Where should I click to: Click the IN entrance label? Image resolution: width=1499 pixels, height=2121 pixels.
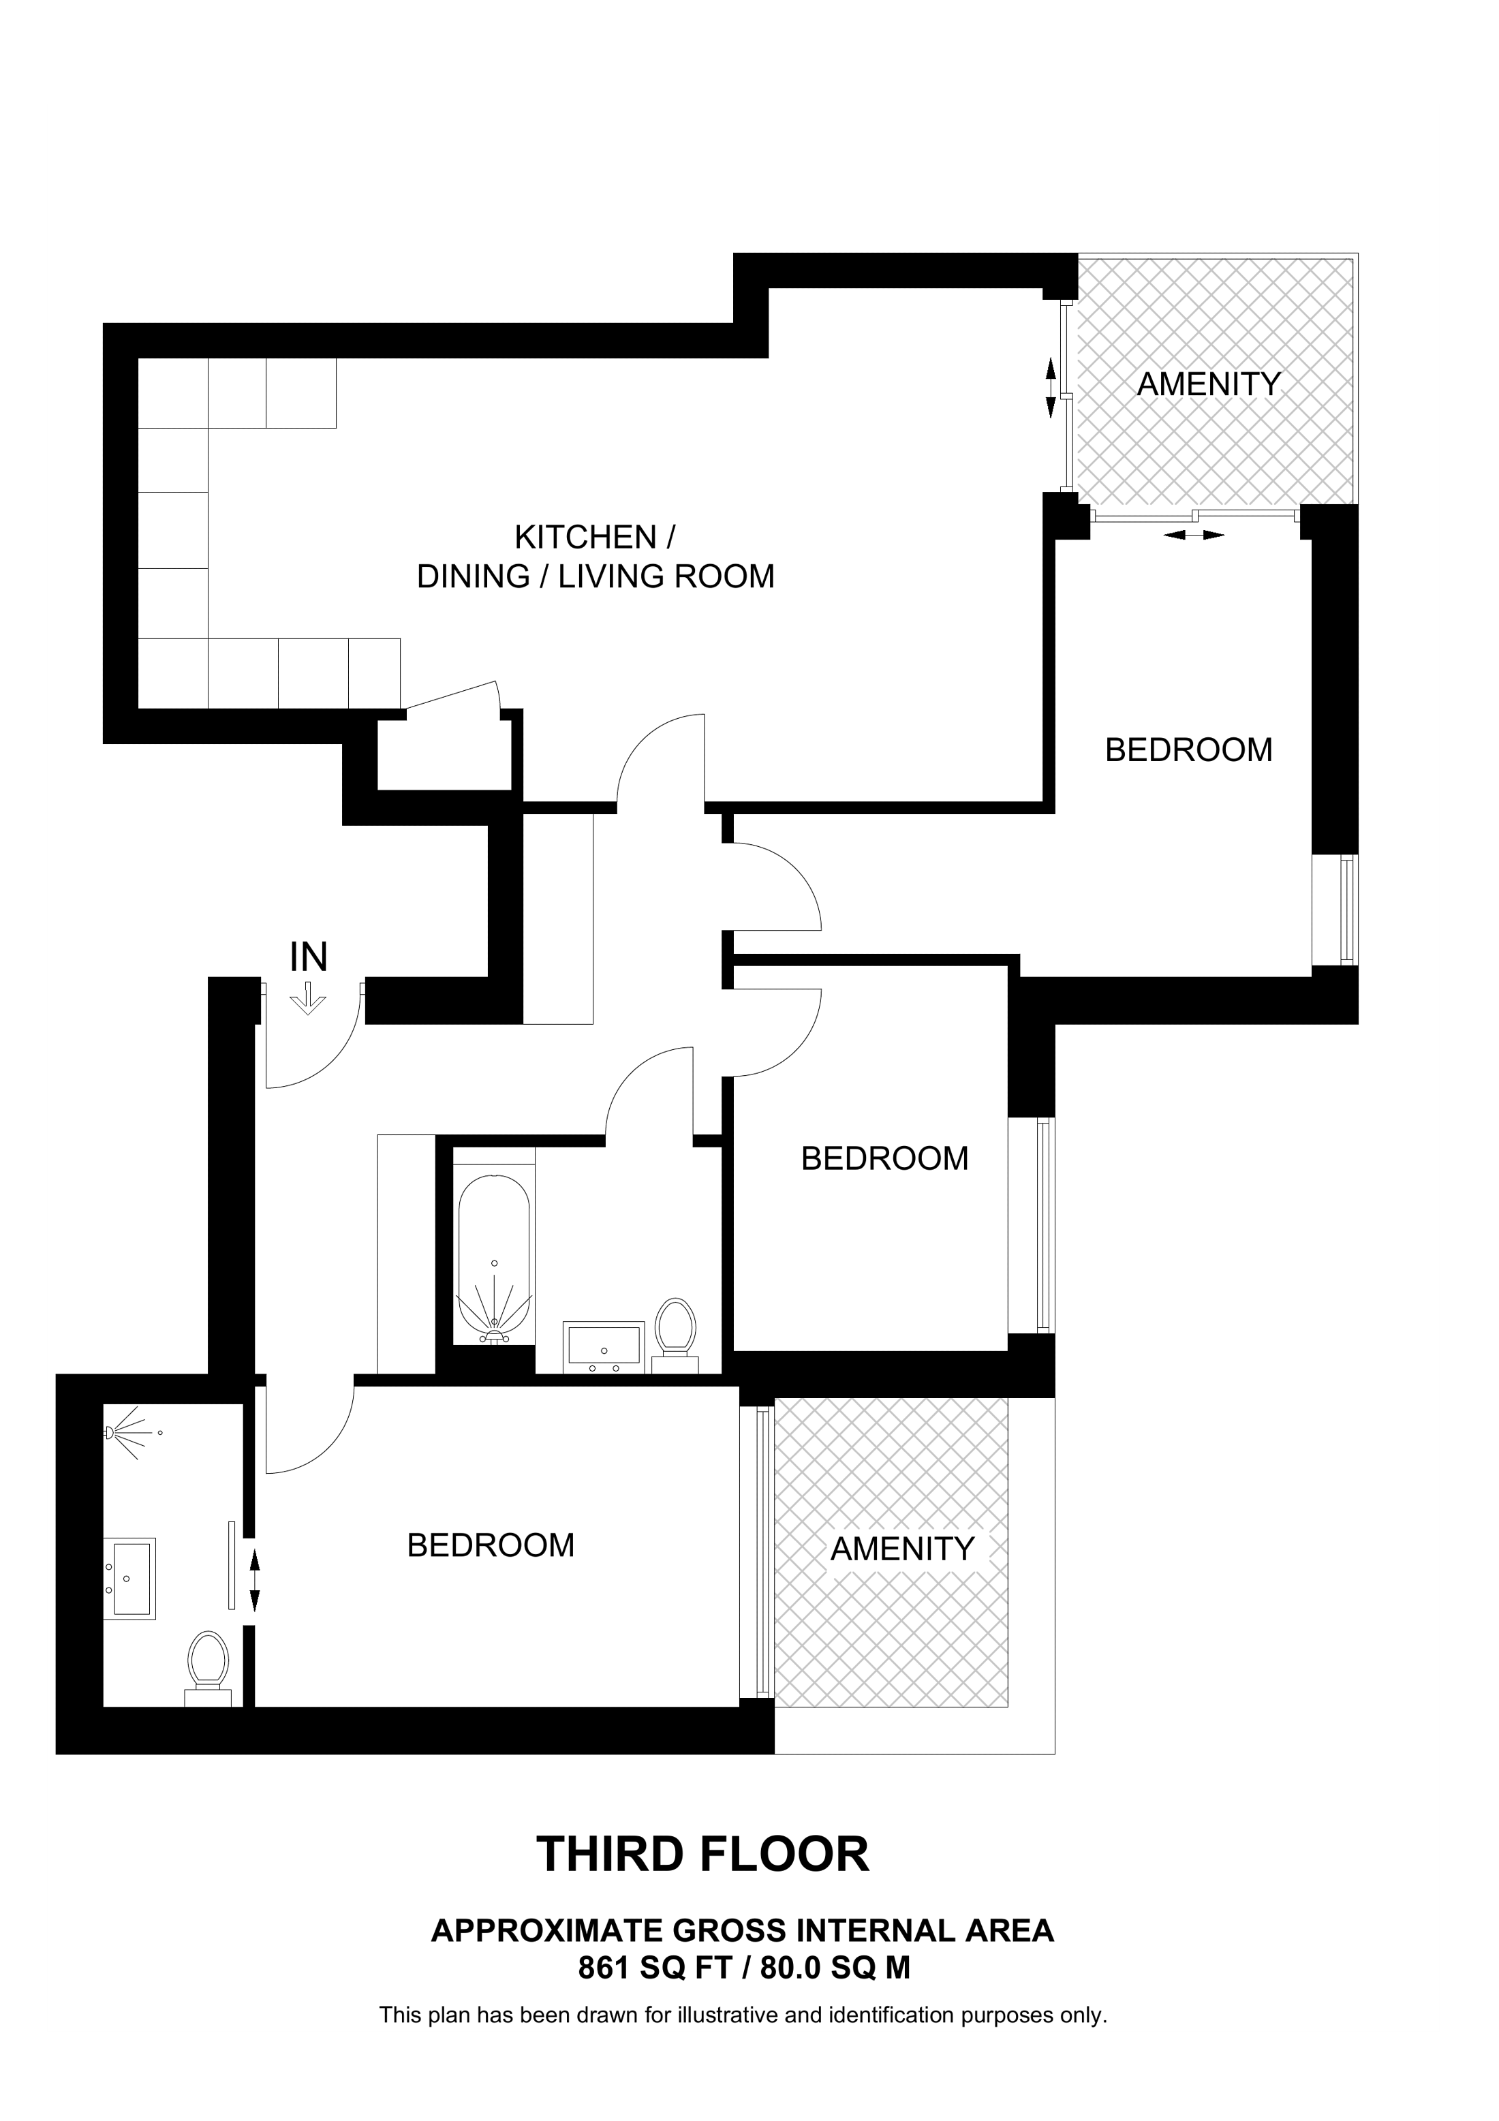point(309,958)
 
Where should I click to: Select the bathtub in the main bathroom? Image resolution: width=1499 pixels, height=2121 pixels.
point(494,1259)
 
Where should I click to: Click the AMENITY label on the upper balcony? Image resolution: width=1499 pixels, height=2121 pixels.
point(1208,384)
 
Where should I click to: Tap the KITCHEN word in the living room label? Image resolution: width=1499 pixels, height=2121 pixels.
point(585,537)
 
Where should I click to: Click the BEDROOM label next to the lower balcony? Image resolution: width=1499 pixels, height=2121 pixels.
point(491,1545)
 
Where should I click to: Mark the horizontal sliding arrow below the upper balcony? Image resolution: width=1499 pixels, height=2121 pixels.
point(1194,534)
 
